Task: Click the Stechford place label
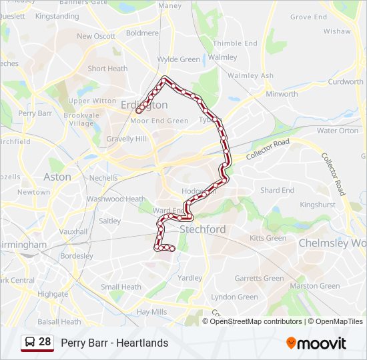(x=203, y=229)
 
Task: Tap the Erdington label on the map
(x=145, y=105)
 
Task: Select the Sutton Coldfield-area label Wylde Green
(x=179, y=59)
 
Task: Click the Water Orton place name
(x=338, y=131)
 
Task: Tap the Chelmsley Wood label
(x=332, y=243)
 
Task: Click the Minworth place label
(x=282, y=94)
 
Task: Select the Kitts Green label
(x=268, y=238)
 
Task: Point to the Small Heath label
(x=121, y=287)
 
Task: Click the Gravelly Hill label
(x=126, y=139)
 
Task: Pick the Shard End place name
(x=277, y=190)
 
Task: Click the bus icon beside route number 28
(x=29, y=342)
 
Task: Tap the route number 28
(x=45, y=342)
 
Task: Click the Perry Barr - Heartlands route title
(x=115, y=343)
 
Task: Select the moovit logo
(x=316, y=343)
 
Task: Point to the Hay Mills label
(x=151, y=311)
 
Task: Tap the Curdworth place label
(x=346, y=82)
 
